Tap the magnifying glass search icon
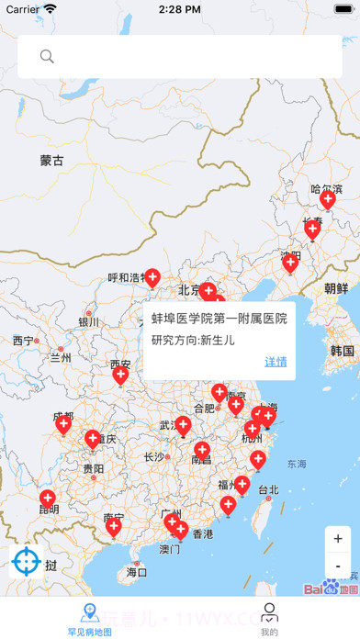pos(47,57)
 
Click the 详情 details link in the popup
pos(276,362)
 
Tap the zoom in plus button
pos(338,539)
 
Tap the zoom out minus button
pos(338,566)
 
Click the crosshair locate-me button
pos(27,559)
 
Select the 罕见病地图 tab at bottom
pos(89,619)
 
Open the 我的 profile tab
pos(269,619)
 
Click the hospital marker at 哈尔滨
pos(328,199)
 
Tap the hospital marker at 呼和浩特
pos(152,276)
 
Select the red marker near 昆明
pos(47,499)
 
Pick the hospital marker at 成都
pos(63,423)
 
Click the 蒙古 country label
pos(52,161)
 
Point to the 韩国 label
pos(343,351)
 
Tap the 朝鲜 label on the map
pos(336,287)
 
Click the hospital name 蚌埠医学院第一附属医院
pos(219,319)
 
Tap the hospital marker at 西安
pos(120,374)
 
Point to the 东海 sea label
pos(297,465)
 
